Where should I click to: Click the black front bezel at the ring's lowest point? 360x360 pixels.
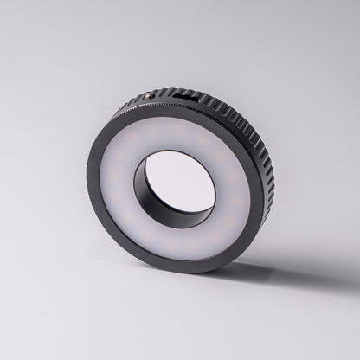click(x=173, y=267)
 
